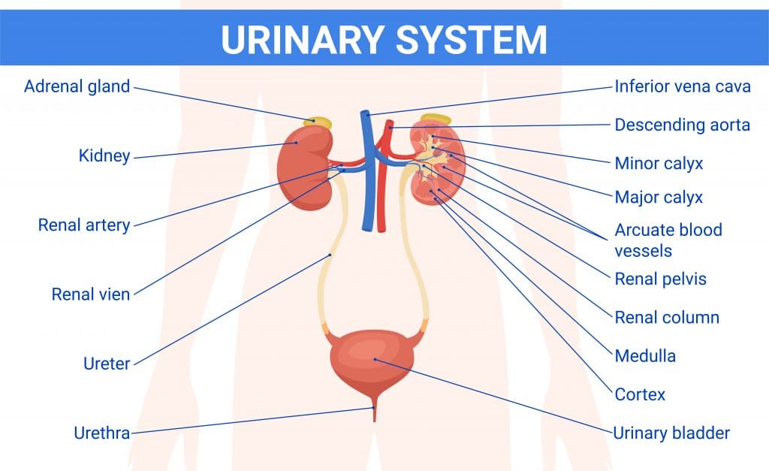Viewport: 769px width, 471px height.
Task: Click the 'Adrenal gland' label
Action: coord(77,87)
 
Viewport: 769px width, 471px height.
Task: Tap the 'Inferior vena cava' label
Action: coord(683,86)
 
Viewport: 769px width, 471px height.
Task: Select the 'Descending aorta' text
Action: coord(682,125)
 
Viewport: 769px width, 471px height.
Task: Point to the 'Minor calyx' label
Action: coord(659,163)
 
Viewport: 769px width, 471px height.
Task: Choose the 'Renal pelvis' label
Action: coord(660,279)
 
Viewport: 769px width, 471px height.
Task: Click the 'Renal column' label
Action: coord(667,318)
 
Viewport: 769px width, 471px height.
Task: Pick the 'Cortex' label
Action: coord(640,394)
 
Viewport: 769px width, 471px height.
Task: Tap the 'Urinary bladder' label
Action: coord(671,433)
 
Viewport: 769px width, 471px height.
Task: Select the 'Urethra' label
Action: coord(102,433)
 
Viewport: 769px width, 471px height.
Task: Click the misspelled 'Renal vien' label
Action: coord(91,294)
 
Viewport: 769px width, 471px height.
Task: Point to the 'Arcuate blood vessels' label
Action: coord(668,240)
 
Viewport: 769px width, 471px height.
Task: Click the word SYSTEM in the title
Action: coord(471,39)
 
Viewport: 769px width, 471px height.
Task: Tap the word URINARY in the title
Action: coord(303,39)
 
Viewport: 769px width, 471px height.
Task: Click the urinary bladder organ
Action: coord(372,361)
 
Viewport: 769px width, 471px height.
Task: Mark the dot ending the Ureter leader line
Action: coord(330,255)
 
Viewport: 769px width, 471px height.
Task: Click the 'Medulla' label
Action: coord(645,356)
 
